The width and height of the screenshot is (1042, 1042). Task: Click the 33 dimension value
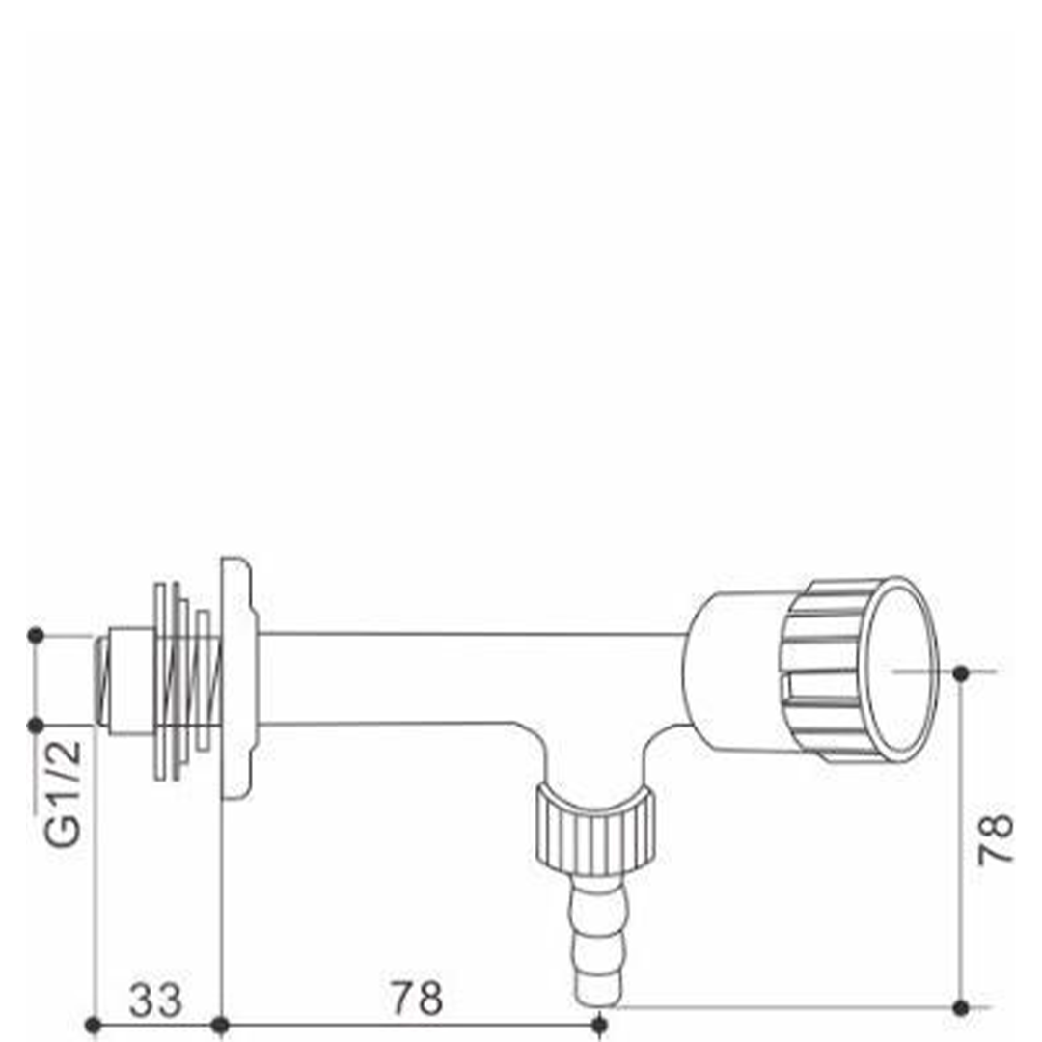[154, 1001]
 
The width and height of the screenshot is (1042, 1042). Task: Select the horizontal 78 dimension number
[417, 998]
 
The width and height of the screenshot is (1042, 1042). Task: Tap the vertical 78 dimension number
[996, 838]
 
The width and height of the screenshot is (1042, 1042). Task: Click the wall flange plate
[237, 677]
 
